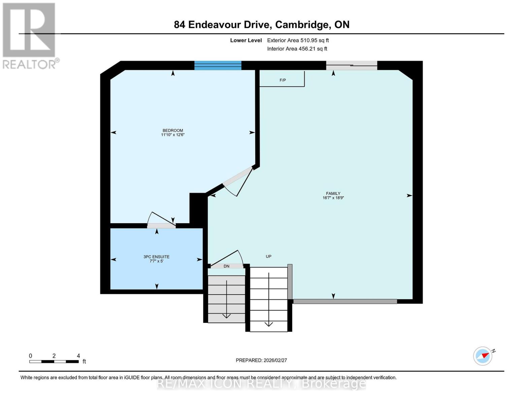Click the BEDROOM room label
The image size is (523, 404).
click(x=173, y=131)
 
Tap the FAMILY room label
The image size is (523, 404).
click(x=333, y=194)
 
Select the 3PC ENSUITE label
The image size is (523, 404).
click(x=156, y=257)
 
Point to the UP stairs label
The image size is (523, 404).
click(x=268, y=257)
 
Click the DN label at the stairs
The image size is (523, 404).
click(x=226, y=266)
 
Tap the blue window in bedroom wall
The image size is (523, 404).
click(x=218, y=65)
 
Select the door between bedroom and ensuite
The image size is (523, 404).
click(x=161, y=225)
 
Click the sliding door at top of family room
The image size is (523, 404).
click(x=351, y=66)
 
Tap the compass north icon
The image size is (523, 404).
click(x=483, y=356)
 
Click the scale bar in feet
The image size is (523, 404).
click(x=54, y=362)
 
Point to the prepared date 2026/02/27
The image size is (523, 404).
click(x=261, y=360)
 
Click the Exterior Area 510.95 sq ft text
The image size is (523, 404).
click(x=298, y=40)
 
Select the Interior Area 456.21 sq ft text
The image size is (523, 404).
click(x=297, y=49)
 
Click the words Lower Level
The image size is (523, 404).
click(x=246, y=40)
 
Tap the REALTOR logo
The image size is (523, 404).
click(x=30, y=35)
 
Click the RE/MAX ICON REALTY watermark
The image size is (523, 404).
click(x=261, y=383)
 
